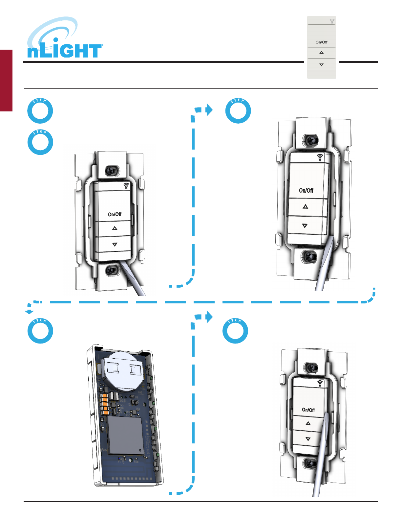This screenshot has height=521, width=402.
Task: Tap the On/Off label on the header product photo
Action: coord(321,42)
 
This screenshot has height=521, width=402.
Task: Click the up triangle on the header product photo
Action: coord(321,53)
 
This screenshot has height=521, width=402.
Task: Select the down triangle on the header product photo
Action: coord(321,65)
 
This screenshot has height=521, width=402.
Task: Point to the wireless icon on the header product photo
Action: coord(332,21)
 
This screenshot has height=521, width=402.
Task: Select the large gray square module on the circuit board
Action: coord(125,435)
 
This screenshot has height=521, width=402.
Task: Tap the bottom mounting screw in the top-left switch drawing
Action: coord(112,271)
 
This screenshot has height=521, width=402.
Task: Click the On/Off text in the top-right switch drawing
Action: coord(306,190)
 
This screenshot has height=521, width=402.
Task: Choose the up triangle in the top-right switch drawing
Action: coord(305,206)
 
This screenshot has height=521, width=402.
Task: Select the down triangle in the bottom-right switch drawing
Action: coord(308,439)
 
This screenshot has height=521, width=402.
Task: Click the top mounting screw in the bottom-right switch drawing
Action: coord(310,368)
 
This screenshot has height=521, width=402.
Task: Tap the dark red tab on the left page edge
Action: coord(6,81)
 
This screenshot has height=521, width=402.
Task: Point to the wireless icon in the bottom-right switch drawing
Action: coord(320,383)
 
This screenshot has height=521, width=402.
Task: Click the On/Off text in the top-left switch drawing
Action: coord(115,214)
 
